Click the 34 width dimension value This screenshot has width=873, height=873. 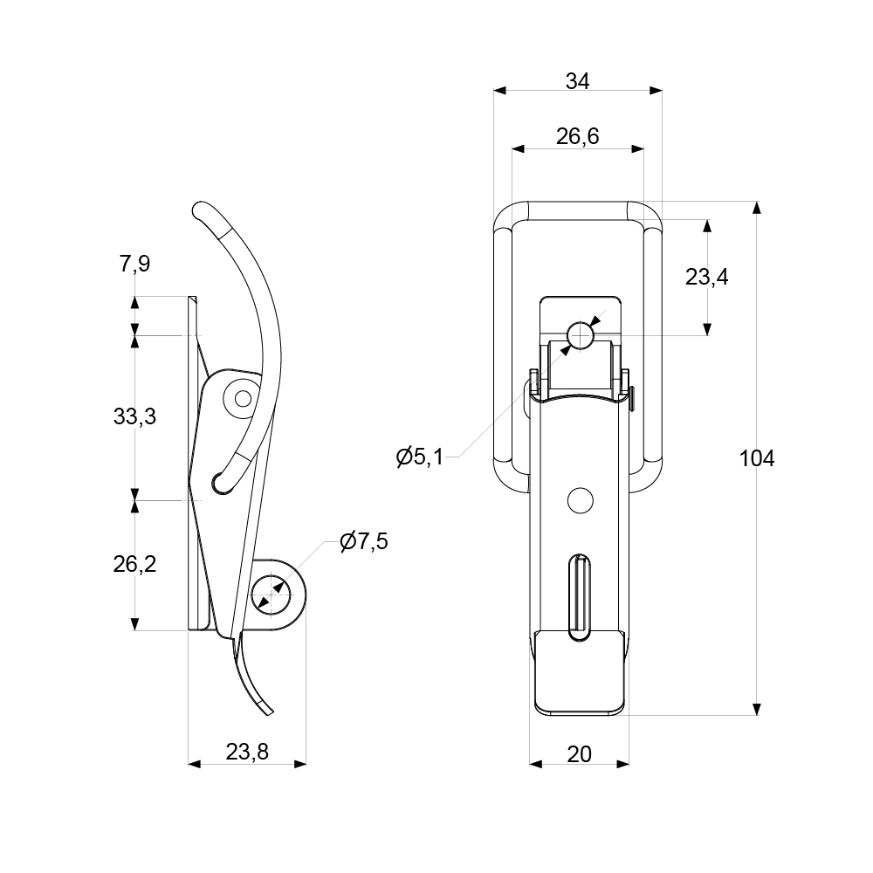point(577,81)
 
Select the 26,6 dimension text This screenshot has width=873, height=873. point(577,137)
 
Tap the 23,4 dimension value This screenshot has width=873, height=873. point(706,278)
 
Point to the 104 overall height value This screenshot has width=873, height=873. point(756,457)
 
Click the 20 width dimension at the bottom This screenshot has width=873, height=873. point(580,753)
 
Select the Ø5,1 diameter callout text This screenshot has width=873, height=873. point(420,456)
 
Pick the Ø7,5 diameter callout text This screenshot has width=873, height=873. point(363,541)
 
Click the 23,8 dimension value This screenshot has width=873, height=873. point(247,751)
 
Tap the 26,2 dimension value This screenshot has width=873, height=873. point(134,564)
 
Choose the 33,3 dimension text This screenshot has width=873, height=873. point(134,416)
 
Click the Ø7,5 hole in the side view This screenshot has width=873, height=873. point(270,597)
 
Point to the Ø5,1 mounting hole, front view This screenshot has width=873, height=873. point(581,334)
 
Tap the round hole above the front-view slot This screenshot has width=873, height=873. point(579,500)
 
